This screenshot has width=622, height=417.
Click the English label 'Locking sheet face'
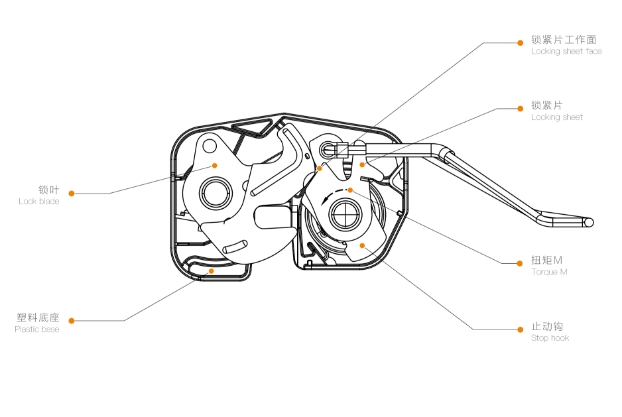coord(566,51)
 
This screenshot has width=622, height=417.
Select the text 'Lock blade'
coord(38,202)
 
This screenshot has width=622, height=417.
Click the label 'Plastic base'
coord(36,329)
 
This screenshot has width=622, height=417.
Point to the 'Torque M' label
coord(549,272)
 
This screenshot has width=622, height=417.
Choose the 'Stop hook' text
coord(550,338)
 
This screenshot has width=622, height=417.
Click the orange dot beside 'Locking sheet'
coord(521,109)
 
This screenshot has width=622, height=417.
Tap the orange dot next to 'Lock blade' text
coord(72,194)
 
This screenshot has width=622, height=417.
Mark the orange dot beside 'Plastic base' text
coord(72,321)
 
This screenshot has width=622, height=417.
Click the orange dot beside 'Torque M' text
coord(521,263)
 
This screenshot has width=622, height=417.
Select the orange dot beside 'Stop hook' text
coord(521,329)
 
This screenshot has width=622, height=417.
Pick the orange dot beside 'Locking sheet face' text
coord(521,43)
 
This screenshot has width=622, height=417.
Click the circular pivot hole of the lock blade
coord(216,194)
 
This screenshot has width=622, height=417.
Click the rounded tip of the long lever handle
coord(589,223)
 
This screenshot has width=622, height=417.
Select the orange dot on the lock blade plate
coord(214,164)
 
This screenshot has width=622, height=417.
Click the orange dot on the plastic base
coord(212,270)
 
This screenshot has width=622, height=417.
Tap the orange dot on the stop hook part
coord(362,245)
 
